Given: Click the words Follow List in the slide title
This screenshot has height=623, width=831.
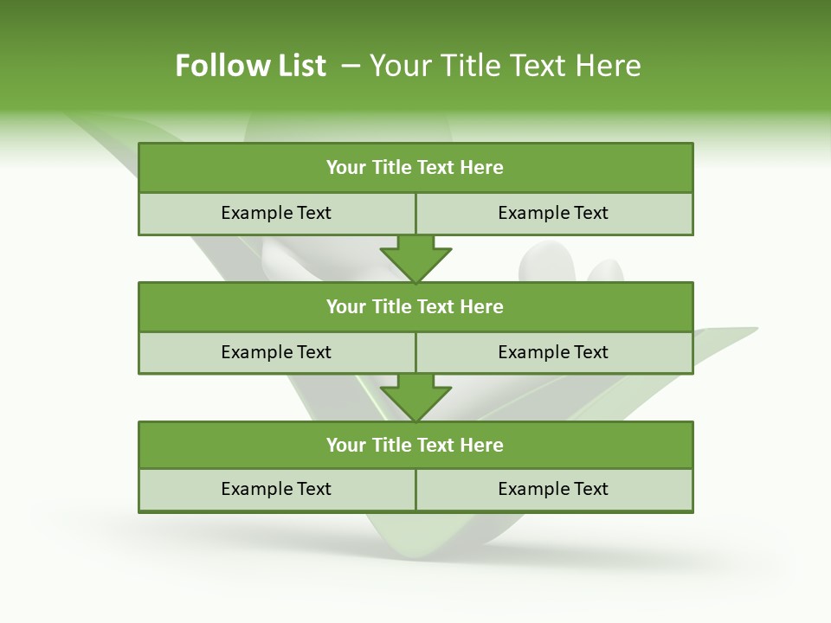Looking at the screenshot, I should (250, 66).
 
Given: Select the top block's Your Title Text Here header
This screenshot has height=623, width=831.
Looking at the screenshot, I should (415, 168).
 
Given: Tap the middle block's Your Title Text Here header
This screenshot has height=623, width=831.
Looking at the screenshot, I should (415, 306).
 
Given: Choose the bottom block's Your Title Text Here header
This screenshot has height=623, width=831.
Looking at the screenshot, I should (415, 445).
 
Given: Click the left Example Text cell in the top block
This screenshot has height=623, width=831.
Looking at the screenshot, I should (276, 213).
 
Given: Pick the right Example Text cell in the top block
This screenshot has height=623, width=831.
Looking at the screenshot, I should (553, 213).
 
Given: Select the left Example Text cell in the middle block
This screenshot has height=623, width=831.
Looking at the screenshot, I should (276, 352).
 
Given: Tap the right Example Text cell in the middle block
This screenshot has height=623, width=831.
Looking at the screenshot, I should (553, 352).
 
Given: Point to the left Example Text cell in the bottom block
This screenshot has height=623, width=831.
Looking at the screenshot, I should (276, 489).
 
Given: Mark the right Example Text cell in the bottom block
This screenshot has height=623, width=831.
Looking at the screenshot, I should (553, 489).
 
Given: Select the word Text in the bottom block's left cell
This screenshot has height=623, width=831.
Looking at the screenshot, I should (312, 489).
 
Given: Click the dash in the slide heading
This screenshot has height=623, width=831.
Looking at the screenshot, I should (351, 66).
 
